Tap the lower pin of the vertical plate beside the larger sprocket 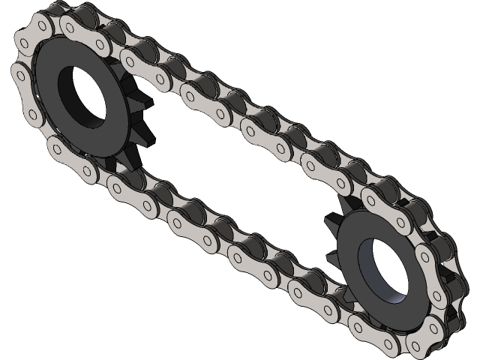pos(31,114)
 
